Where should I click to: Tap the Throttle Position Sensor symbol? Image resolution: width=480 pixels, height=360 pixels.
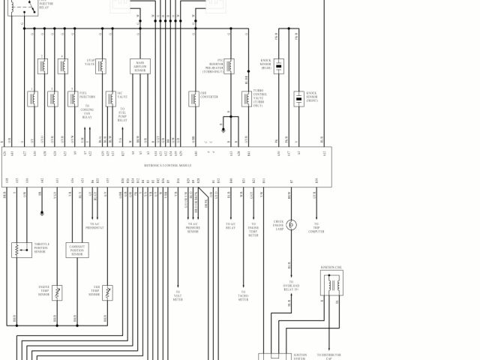coord(20,250)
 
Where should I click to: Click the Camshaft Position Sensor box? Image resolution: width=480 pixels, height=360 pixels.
coord(76,250)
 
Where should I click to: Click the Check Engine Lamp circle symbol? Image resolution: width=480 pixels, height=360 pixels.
coord(292,225)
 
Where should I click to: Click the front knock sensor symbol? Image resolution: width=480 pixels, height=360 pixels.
coord(298,98)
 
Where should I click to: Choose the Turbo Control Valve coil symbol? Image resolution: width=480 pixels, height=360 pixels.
coord(246,98)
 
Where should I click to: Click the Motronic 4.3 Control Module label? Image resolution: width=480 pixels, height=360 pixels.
coord(168,164)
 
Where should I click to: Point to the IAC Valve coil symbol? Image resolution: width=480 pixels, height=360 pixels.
coord(109,98)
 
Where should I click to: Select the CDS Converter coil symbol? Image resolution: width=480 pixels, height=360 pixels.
coord(193,98)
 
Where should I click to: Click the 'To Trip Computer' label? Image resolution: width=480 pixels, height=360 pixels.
coord(316,228)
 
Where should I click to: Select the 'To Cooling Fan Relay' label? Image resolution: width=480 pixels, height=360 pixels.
coord(87,112)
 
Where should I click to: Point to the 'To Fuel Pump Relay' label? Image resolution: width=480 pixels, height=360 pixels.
coord(122,114)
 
